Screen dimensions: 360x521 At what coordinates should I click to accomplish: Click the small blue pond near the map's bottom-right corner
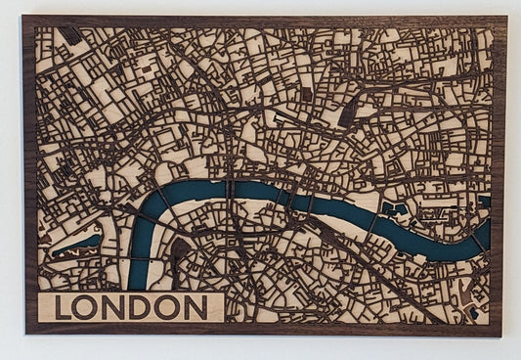click(x=474, y=314)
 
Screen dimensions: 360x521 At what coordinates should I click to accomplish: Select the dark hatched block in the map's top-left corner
click(x=70, y=36)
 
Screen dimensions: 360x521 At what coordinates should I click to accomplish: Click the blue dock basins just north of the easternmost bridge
click(x=395, y=208)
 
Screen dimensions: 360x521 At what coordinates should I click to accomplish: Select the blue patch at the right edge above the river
click(x=485, y=202)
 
